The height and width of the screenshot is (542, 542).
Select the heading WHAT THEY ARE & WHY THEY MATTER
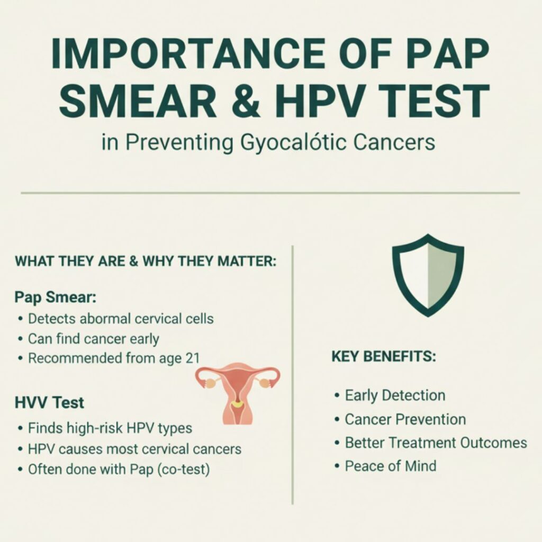146,262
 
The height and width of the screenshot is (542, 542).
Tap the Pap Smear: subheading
56,297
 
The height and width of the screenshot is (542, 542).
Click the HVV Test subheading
49,403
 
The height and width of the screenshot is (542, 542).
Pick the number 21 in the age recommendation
191,358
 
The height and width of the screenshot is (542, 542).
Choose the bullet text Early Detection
395,395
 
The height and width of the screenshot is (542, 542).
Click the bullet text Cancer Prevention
405,420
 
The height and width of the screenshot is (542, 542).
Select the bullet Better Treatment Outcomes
436,443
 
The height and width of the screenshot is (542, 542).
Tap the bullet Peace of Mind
391,466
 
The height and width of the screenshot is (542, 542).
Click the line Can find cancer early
93,339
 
